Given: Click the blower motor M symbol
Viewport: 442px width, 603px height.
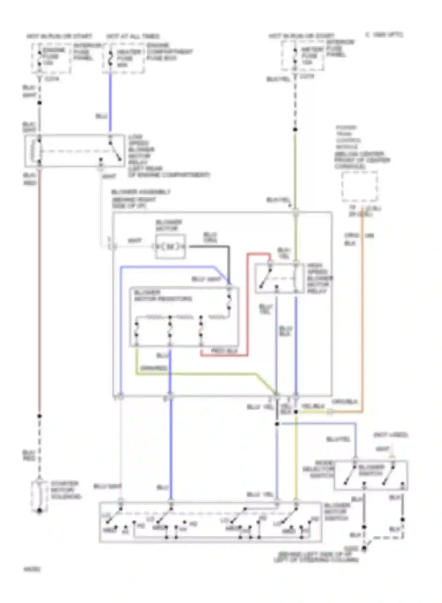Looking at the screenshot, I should point(170,247).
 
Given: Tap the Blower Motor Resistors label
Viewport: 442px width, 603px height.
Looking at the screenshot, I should point(163,296).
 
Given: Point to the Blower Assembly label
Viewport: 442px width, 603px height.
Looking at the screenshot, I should point(141,192).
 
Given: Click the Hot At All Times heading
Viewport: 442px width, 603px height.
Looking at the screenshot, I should point(133,37).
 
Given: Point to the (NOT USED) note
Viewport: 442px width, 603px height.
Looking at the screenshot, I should point(390,435).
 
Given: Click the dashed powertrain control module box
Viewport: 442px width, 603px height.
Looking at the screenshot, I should point(359,187).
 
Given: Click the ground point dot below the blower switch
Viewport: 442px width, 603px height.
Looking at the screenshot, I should point(364,548).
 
